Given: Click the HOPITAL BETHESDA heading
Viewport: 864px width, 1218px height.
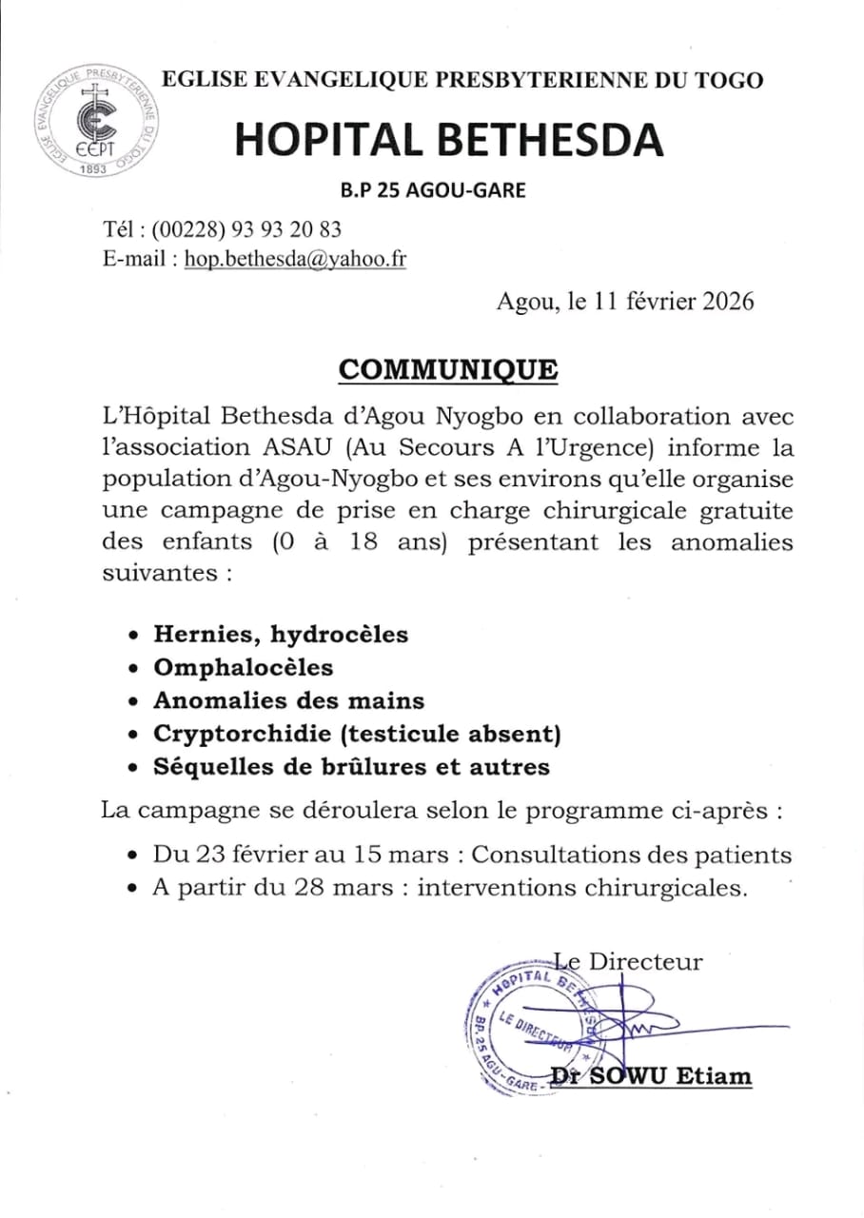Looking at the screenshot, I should (x=448, y=141).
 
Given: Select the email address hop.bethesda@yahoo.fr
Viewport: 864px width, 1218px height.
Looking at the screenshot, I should (x=295, y=260).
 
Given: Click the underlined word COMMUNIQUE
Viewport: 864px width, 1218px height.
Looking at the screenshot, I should (x=448, y=369).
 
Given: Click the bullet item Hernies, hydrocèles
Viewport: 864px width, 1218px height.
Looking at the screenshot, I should (x=281, y=634).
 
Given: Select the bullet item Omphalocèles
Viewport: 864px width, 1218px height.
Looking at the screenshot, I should (x=244, y=667).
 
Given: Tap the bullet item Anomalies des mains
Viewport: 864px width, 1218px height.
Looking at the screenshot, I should (x=289, y=700).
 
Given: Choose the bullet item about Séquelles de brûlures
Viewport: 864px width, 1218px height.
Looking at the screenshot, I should (x=352, y=766).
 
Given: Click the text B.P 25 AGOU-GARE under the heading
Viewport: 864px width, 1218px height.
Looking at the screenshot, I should (x=433, y=190).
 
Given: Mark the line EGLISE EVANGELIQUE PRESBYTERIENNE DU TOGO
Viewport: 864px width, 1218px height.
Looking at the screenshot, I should (x=462, y=81).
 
